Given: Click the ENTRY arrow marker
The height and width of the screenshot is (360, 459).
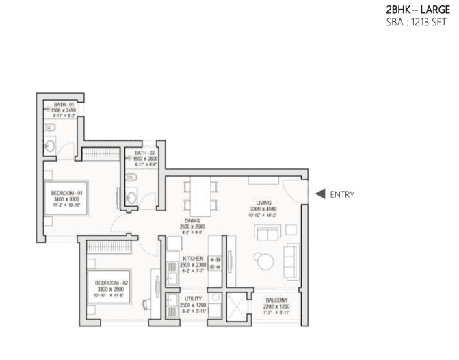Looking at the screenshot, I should coord(319,194).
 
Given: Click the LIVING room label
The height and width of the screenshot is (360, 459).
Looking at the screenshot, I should coord(265,203).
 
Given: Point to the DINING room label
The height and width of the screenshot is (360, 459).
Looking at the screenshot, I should coord(192,221).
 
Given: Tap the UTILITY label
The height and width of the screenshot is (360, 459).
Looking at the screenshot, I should coord(192,299).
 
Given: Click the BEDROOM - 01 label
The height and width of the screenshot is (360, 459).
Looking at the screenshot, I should coord(66,194).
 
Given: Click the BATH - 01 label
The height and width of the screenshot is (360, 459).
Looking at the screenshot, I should coord(64,103).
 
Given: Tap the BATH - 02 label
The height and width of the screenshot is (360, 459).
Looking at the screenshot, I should coord(144,153).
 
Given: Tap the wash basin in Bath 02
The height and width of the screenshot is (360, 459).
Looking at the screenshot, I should coord(133,198).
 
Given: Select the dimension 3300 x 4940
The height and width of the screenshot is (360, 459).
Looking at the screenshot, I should coord(265,209).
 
